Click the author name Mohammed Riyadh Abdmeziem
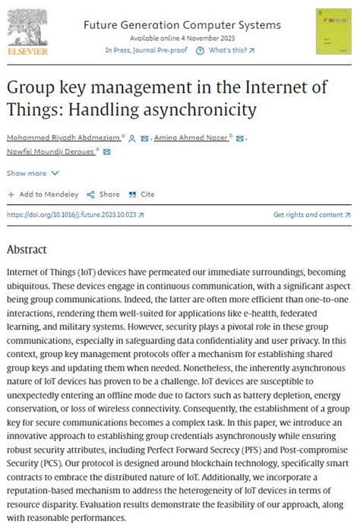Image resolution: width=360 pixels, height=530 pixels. pyautogui.click(x=60, y=138)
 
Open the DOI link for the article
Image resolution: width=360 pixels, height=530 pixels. pyautogui.click(x=71, y=215)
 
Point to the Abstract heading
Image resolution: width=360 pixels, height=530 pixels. pyautogui.click(x=27, y=250)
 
